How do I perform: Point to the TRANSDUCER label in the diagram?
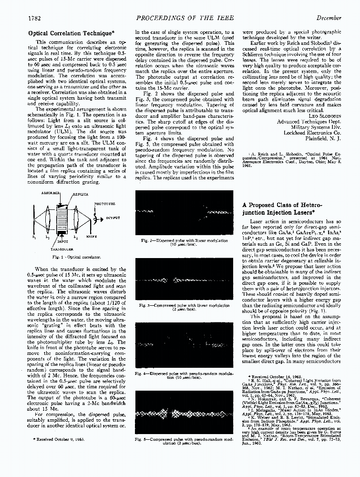61,249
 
